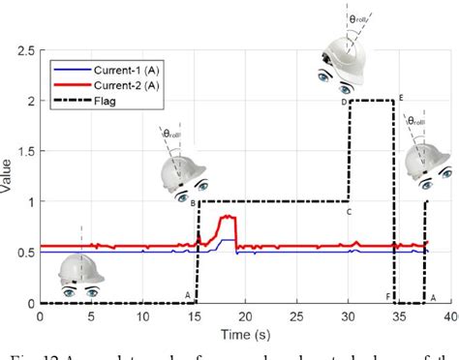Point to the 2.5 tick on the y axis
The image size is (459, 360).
[25, 50]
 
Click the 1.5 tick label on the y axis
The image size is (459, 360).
[25, 152]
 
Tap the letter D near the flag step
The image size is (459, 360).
[343, 102]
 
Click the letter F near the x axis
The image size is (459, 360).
[387, 296]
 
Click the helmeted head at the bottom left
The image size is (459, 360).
[80, 275]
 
